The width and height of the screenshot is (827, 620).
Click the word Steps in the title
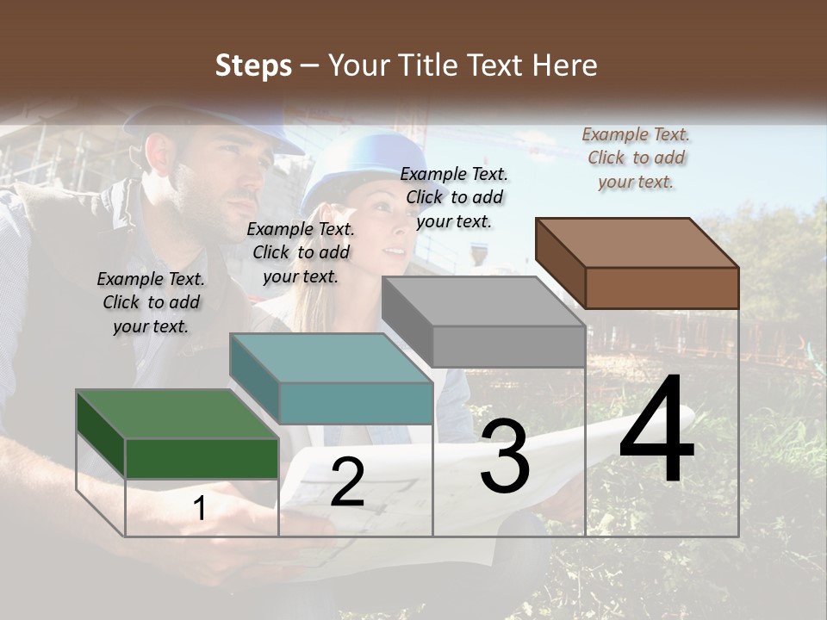pos(252,65)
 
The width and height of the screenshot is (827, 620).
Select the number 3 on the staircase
pos(505,456)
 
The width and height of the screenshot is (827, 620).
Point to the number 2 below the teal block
pos(347,482)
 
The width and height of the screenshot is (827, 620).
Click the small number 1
pos(200,509)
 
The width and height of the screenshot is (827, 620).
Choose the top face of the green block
pos(177,414)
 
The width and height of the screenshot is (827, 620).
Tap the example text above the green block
pos(151,302)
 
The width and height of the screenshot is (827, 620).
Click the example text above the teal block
pos(301,252)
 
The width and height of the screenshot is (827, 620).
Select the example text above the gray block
pos(454,197)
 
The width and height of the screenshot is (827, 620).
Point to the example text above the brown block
pos(636,158)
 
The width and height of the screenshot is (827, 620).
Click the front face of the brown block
pos(662,288)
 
